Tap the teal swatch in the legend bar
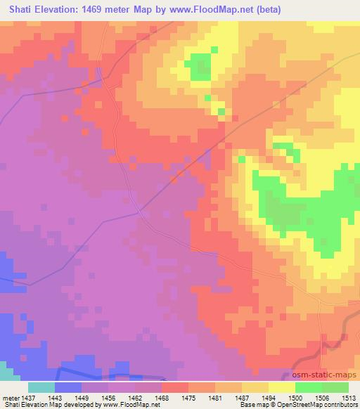[41, 387]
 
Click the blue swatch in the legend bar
[68, 387]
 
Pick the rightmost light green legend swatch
[335, 387]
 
